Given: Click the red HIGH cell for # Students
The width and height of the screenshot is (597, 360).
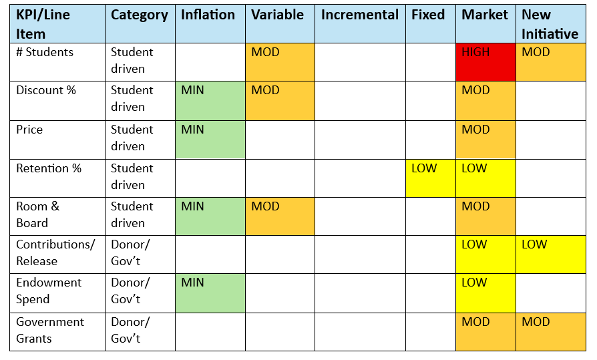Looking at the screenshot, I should tap(485, 62).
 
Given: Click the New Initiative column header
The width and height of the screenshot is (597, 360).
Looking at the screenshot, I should tap(551, 24).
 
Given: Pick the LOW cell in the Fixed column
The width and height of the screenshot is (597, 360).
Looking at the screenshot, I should tap(431, 178).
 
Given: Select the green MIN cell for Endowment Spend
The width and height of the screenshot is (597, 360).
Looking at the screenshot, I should tap(210, 292).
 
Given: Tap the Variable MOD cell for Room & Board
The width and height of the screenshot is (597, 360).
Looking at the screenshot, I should tap(280, 216).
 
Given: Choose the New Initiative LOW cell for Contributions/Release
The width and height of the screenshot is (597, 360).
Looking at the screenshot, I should tap(551, 254).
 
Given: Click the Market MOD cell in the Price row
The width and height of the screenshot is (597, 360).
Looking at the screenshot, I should tap(485, 140).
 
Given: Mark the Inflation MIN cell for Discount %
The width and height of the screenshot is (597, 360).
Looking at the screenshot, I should tap(210, 100).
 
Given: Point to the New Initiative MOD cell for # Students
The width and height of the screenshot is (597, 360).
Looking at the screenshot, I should tap(551, 62).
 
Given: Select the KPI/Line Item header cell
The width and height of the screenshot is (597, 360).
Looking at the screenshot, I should tap(57, 24).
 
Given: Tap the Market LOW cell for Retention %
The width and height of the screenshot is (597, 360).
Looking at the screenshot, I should tap(485, 178).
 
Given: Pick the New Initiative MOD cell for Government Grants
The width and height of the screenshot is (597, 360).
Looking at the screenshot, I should tap(551, 331).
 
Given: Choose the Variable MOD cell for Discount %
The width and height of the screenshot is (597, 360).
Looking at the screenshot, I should tap(280, 100).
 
